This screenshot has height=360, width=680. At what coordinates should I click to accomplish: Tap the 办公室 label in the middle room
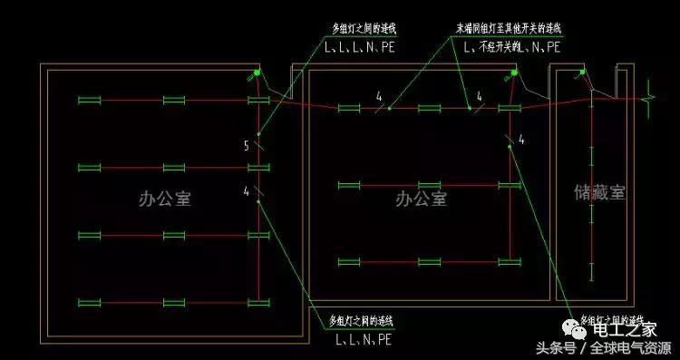click(x=421, y=198)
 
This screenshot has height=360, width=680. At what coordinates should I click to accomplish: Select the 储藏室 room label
click(x=600, y=192)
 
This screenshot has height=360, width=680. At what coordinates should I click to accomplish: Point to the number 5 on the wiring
click(x=246, y=145)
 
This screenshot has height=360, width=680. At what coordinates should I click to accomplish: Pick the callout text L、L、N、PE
click(x=364, y=340)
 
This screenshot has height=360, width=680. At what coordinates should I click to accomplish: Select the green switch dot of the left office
click(x=257, y=73)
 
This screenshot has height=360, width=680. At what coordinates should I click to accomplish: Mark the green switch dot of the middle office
click(x=514, y=72)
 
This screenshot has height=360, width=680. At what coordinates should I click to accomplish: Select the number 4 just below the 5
click(x=246, y=190)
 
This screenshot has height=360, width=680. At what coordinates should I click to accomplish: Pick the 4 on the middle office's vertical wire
click(x=521, y=139)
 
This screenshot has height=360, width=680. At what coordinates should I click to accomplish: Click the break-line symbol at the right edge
click(x=650, y=91)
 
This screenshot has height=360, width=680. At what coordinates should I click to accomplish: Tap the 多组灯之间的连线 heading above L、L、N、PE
click(x=364, y=322)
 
